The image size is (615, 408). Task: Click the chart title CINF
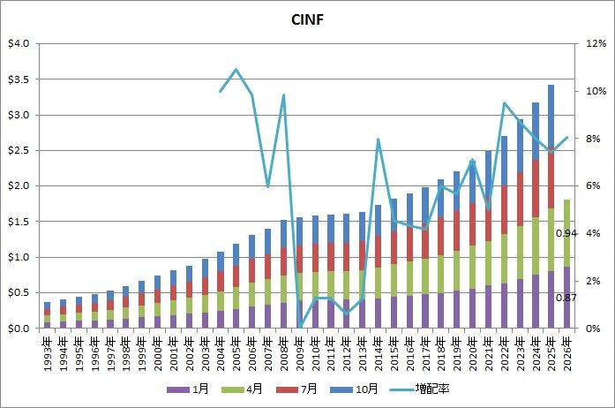point(307,19)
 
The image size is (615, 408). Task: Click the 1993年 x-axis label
point(47,350)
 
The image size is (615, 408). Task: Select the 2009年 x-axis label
point(300,350)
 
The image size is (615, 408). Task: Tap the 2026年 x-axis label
point(568,350)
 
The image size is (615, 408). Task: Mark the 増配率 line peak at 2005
point(236,70)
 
